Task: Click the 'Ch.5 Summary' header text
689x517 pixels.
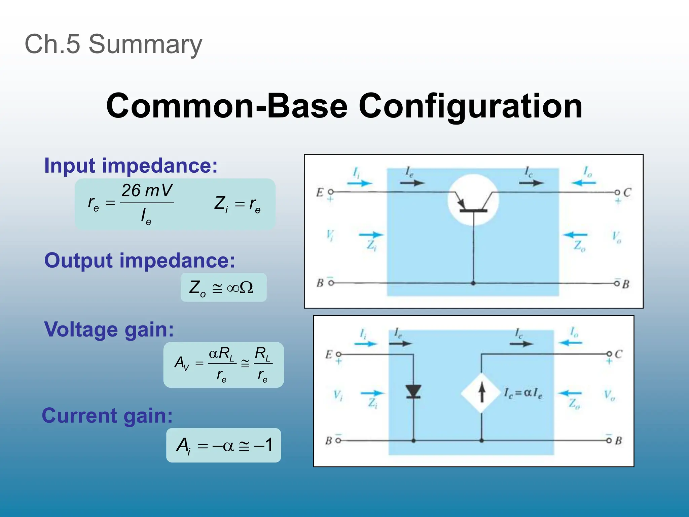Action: coord(113,44)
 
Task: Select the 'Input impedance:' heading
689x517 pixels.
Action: coord(131,166)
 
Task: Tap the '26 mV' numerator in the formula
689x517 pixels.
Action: coord(147,191)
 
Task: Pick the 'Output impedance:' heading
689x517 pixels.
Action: coord(140,261)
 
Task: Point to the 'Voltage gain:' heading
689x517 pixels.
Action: coord(109,329)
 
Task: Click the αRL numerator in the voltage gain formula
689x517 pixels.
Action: coord(221,354)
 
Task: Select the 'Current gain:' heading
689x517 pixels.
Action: coord(107,415)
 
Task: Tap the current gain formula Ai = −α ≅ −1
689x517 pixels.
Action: coord(223,445)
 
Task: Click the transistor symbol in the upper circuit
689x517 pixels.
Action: coord(473,201)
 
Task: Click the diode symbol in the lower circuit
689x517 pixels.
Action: coord(413,391)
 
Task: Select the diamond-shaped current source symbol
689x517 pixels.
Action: coord(481,393)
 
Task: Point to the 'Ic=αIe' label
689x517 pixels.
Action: coord(523,393)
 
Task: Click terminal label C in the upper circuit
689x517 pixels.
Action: coord(627,193)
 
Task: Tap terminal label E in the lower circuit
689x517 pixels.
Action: coord(329,354)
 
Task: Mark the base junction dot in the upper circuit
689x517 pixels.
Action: coord(473,283)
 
